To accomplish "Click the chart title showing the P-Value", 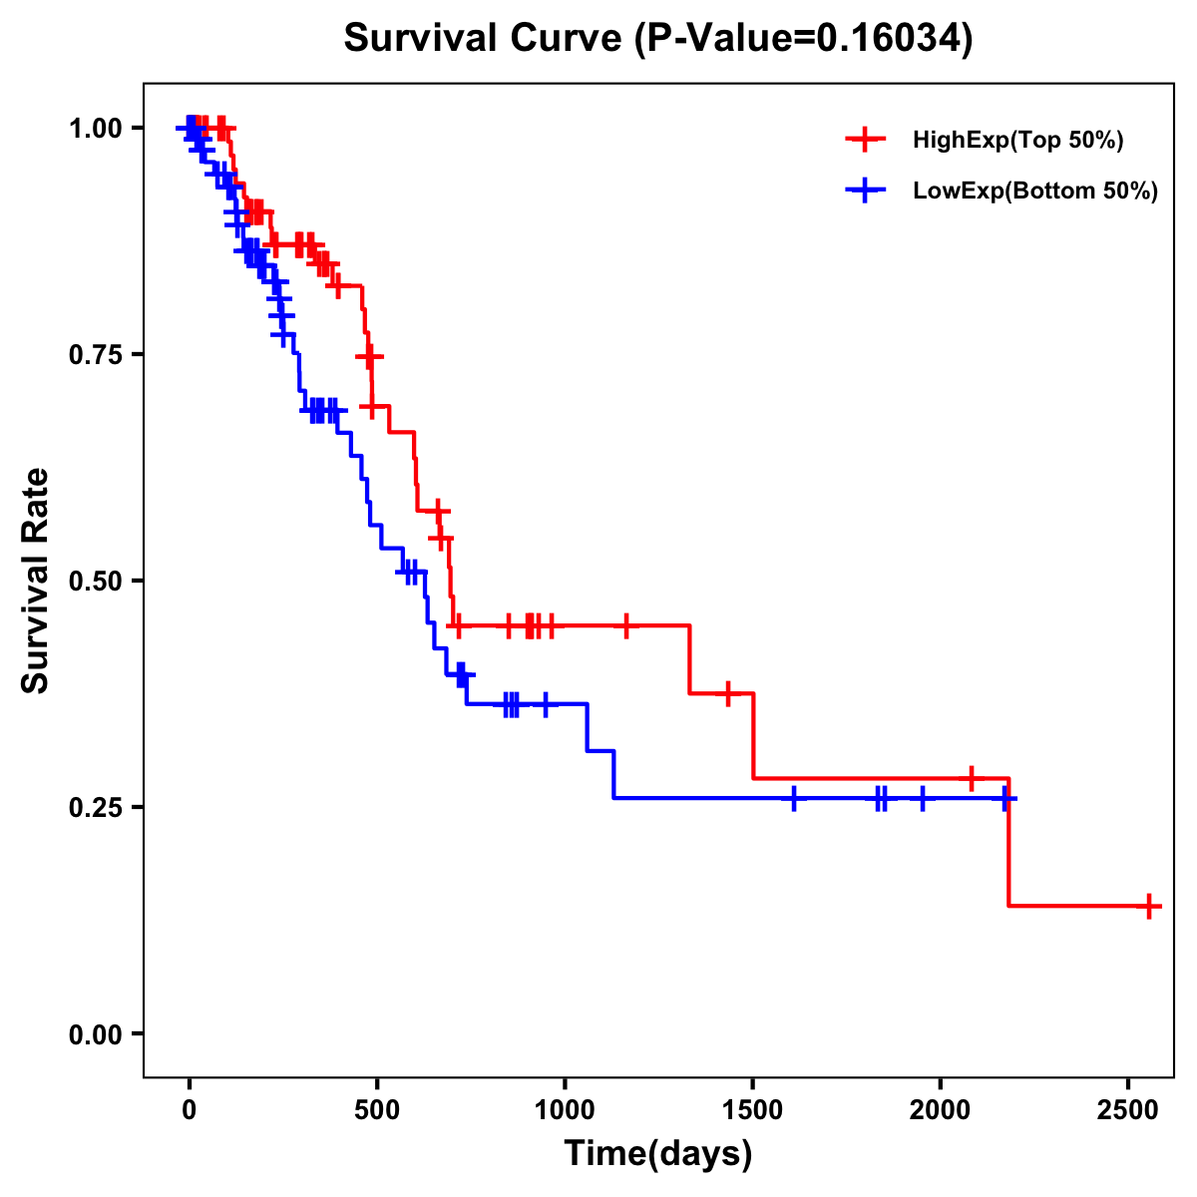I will (x=657, y=39).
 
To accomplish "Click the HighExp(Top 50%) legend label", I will (x=1017, y=141).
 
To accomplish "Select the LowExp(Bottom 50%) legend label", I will (x=1035, y=192).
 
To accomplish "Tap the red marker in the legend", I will (x=865, y=141).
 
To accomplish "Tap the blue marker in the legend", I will (x=865, y=192).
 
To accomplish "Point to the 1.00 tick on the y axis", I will (x=94, y=129).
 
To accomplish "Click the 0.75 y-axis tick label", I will (x=94, y=355).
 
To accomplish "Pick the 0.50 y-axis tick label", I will (x=94, y=582).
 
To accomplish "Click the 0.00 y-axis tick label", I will (x=94, y=1034).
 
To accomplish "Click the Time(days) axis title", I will (x=658, y=1154).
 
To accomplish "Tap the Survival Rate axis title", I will (x=36, y=581).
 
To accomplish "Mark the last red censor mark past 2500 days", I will (x=1149, y=907).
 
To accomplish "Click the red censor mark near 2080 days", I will (x=971, y=778).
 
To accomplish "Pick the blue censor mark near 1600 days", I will (x=794, y=798).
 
